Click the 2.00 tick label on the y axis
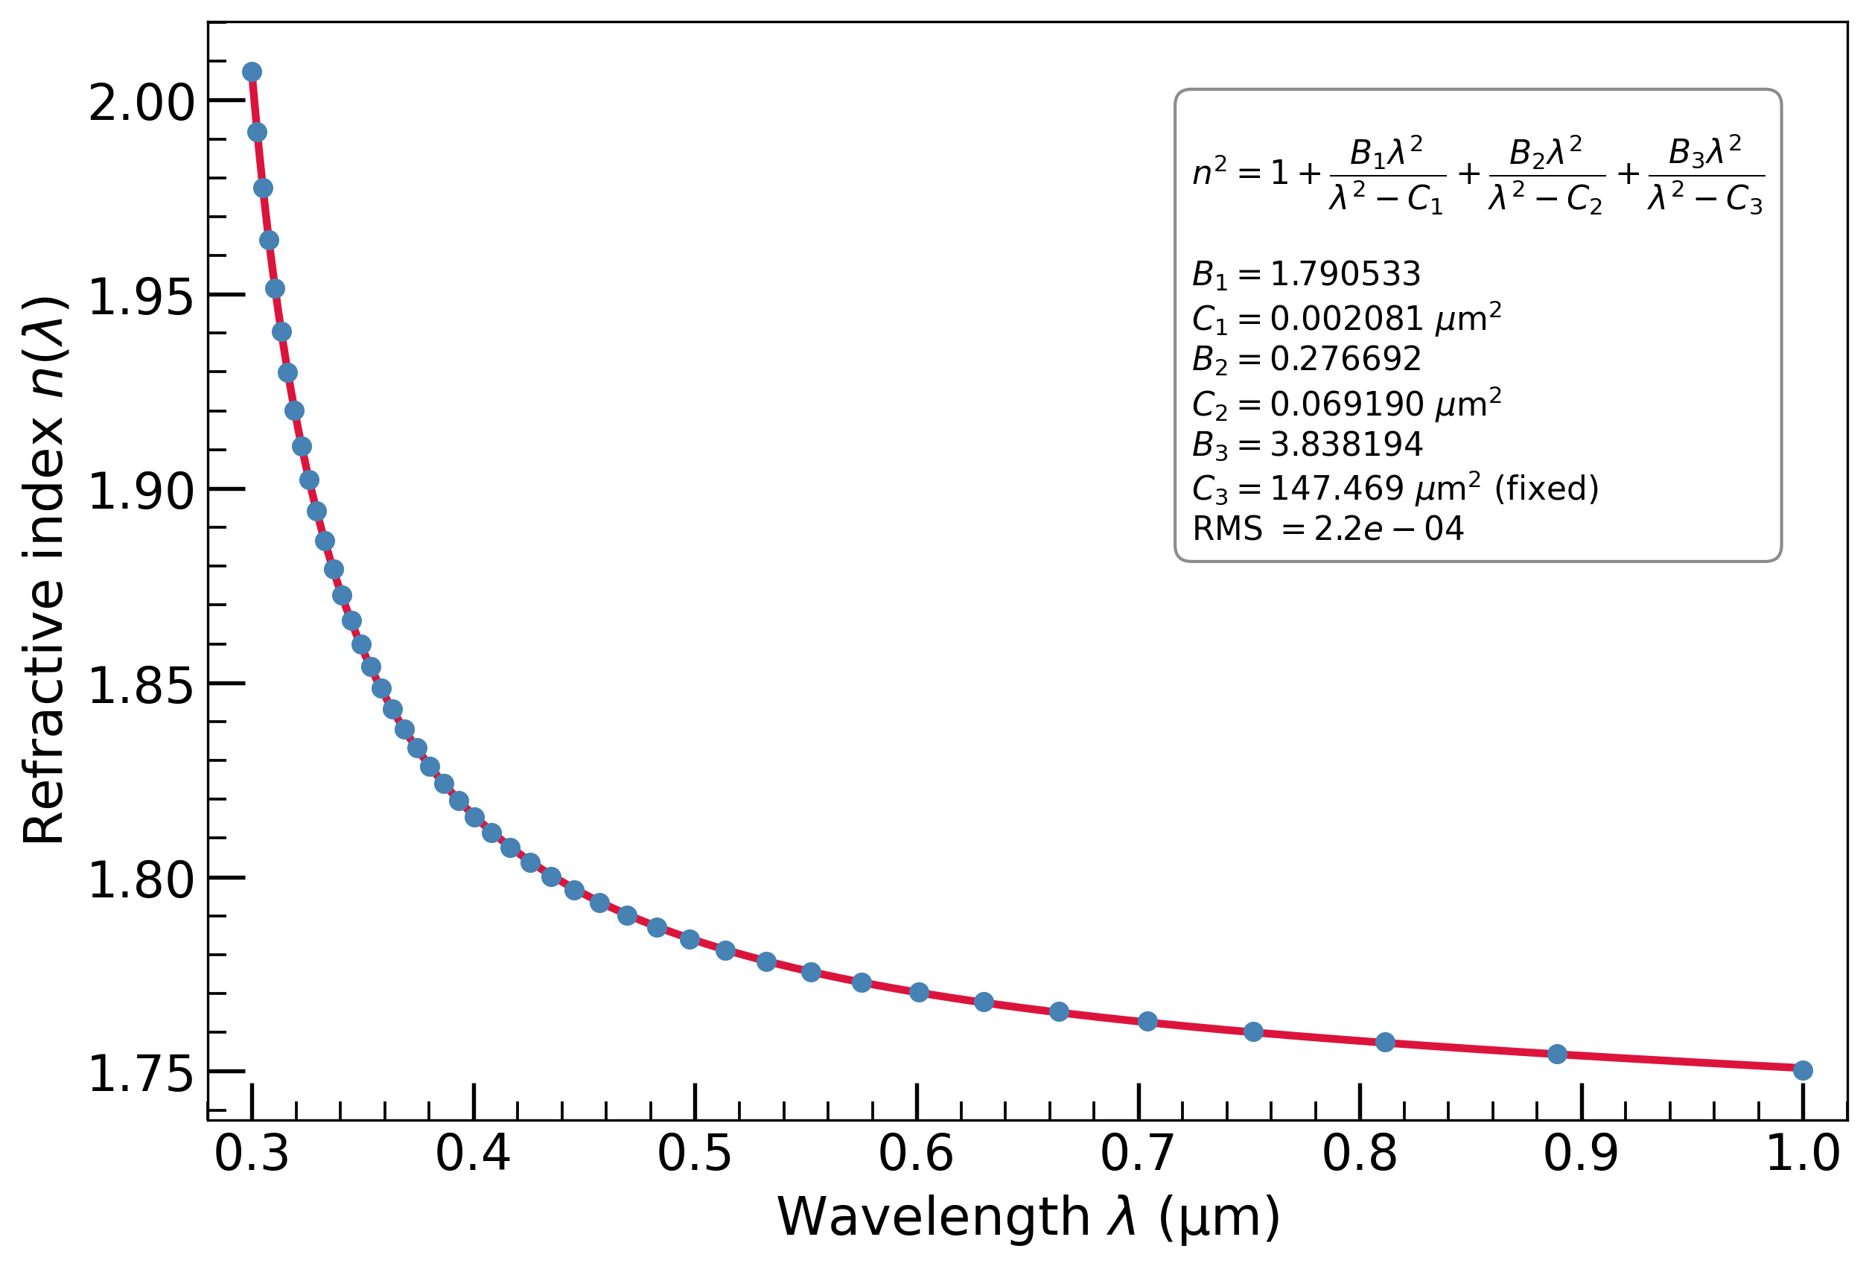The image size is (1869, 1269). tap(141, 103)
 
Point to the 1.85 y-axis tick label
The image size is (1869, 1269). tap(141, 686)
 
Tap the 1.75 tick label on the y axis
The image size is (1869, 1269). tap(141, 1075)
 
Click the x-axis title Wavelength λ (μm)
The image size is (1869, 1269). tap(1028, 1218)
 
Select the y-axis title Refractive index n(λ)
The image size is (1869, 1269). tap(44, 571)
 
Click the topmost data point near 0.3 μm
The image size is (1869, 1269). tap(252, 72)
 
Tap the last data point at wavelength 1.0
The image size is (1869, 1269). tap(1802, 1070)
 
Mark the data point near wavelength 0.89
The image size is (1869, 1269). tap(1557, 1055)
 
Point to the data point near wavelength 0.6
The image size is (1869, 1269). tap(919, 993)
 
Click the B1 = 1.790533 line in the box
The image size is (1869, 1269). tap(1306, 275)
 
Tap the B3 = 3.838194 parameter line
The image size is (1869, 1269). tap(1307, 445)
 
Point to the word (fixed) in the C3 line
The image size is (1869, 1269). tap(1547, 488)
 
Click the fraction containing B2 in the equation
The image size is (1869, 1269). tap(1547, 175)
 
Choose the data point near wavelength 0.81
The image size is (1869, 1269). tap(1385, 1042)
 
